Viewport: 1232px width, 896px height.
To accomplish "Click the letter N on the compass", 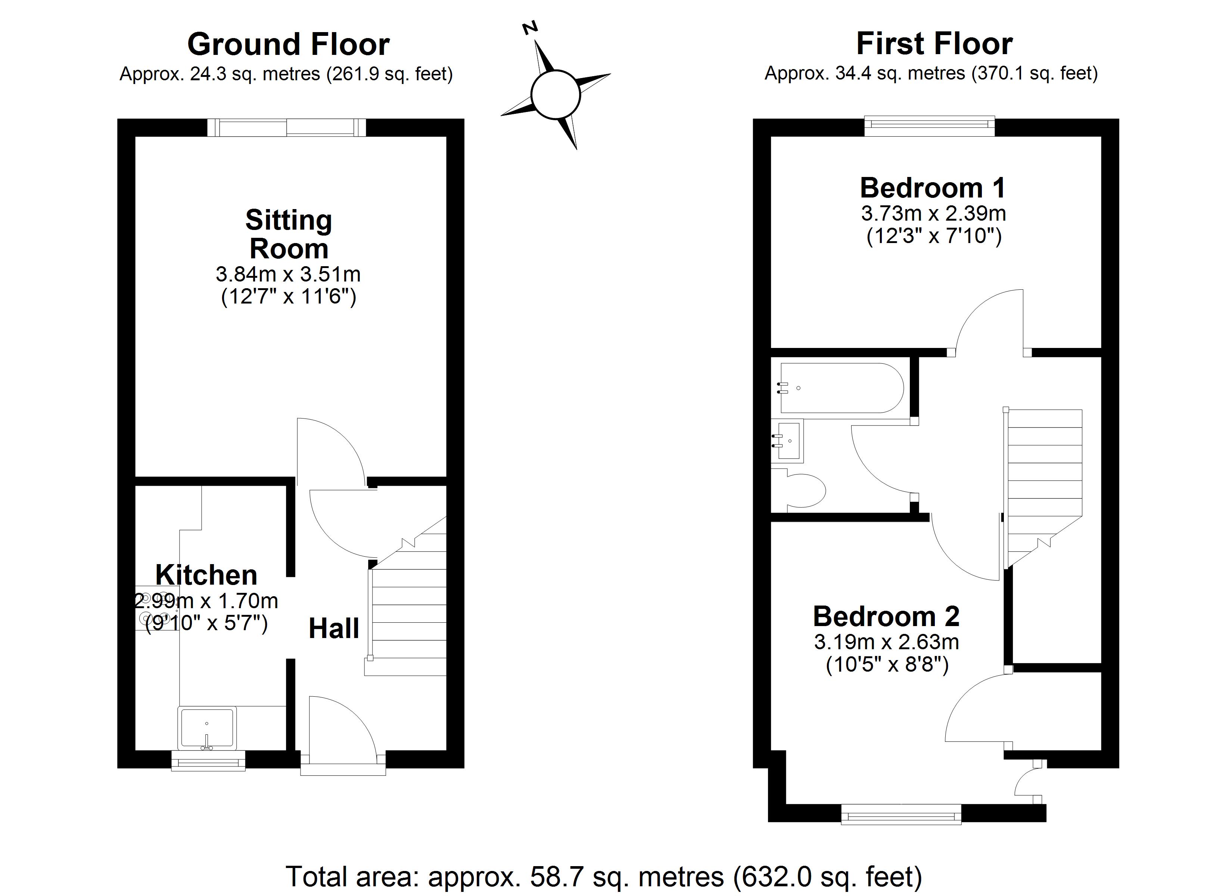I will point(530,28).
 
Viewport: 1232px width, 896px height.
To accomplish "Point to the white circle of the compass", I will point(556,94).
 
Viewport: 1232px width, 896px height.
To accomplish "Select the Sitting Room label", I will point(289,234).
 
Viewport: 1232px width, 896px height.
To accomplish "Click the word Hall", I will point(333,629).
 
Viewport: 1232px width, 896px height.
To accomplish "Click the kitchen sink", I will point(207,727).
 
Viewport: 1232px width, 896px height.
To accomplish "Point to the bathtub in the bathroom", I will point(841,388).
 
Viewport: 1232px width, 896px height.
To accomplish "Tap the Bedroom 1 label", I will point(933,188).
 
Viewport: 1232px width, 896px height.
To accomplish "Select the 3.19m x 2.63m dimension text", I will point(886,642).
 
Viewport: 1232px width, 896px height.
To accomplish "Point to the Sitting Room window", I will point(287,128).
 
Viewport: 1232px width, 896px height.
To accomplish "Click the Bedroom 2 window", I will point(900,815).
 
